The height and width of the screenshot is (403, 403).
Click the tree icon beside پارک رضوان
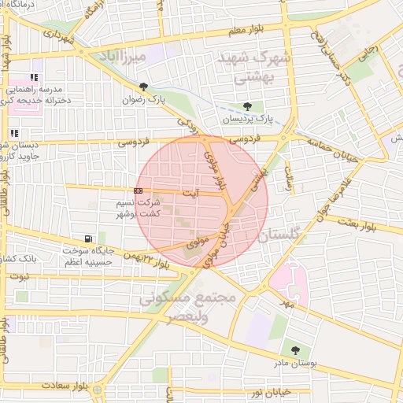143,87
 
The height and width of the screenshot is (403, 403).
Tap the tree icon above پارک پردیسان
248,106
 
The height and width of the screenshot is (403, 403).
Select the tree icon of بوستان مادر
295,351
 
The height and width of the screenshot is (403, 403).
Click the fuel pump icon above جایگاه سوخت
87,238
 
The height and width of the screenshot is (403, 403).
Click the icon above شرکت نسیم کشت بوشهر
138,190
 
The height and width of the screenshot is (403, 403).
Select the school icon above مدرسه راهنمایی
34,78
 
